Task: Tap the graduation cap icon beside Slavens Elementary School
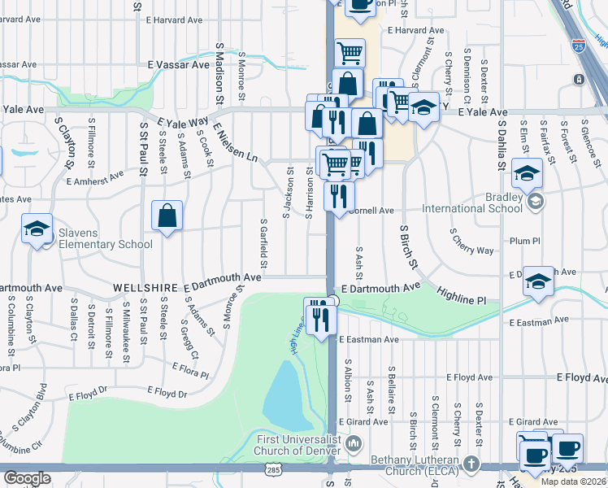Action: tap(37, 229)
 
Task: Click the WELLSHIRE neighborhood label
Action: tap(145, 288)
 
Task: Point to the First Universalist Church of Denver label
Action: tap(297, 443)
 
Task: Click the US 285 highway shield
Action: tap(272, 471)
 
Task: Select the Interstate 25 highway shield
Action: tap(579, 46)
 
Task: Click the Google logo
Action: tap(27, 477)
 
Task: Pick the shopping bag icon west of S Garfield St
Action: tap(167, 216)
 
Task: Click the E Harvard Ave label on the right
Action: tap(416, 31)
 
